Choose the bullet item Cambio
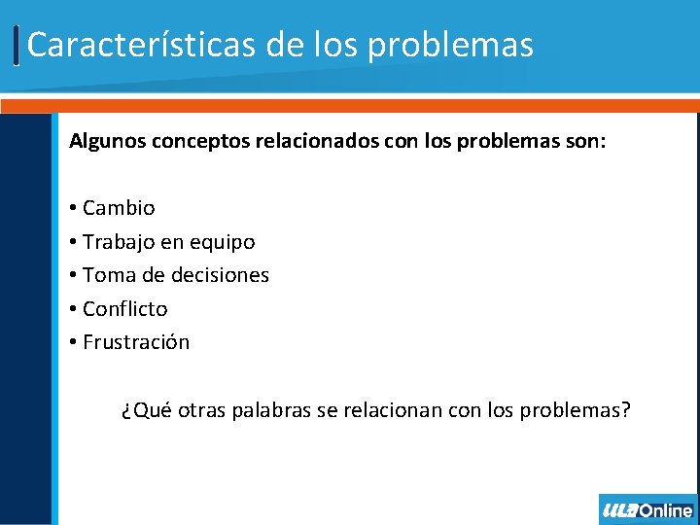coord(119,208)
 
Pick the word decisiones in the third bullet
coord(220,275)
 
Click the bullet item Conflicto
coord(125,309)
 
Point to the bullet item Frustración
coord(136,342)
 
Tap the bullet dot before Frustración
coord(74,343)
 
